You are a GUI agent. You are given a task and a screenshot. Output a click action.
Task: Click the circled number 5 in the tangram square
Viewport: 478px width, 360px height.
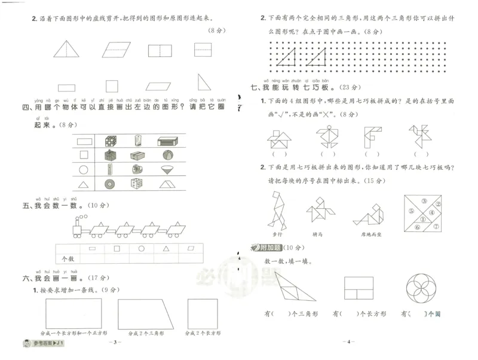click(x=412, y=210)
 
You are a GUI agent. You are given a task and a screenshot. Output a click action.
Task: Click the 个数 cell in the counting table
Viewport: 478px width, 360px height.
click(x=68, y=259)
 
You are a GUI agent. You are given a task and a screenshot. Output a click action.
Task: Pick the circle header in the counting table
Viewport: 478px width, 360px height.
click(x=142, y=248)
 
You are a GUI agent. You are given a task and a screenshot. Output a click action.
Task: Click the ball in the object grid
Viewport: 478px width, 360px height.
click(x=167, y=155)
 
